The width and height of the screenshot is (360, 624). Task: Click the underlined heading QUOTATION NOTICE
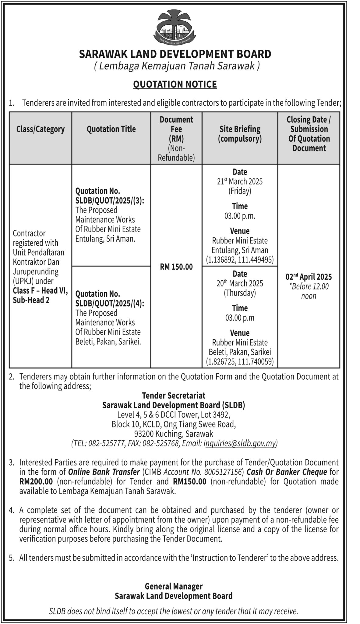coord(175,84)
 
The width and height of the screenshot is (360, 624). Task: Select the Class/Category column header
coord(41,129)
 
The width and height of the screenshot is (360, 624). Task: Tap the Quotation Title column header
coord(111,129)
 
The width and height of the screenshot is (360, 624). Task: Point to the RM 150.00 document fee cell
coord(176,267)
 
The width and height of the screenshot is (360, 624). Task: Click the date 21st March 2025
coord(240,182)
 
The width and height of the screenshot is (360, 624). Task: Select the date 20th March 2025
coord(240,283)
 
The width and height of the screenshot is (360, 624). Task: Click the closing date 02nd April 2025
coord(309,277)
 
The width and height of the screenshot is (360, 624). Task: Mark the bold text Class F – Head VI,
coord(40,291)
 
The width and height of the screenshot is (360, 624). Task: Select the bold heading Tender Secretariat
coord(174,395)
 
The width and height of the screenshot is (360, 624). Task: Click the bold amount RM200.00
coord(36,481)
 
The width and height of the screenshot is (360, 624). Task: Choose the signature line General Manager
coord(174,586)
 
